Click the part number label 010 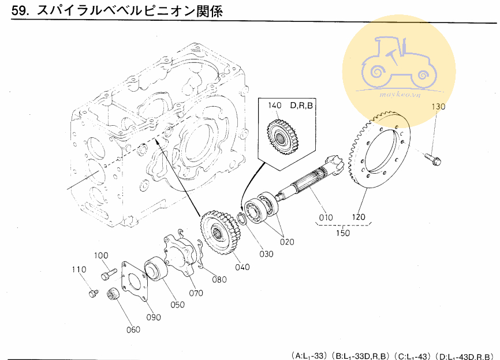(x=326, y=218)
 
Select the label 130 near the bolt (x=439, y=107)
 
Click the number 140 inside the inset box (x=274, y=106)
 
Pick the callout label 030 (x=266, y=254)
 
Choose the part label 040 (x=242, y=267)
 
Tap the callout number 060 (x=133, y=329)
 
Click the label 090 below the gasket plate (x=153, y=317)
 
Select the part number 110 (x=79, y=269)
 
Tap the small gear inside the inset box (x=283, y=138)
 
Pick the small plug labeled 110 (x=91, y=294)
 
